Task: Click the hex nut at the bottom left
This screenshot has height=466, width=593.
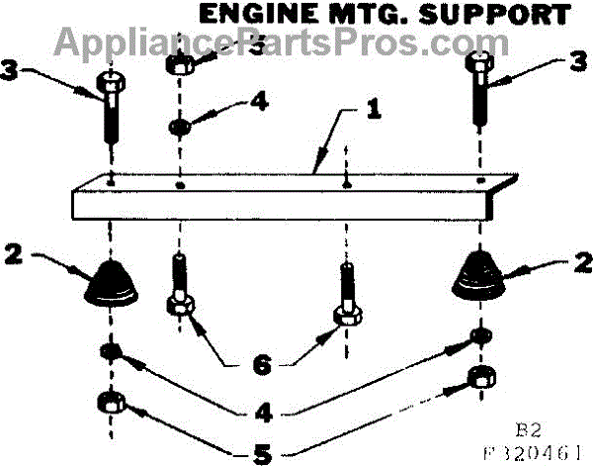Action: pyautogui.click(x=109, y=404)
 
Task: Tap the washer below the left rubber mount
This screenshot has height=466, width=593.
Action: pyautogui.click(x=110, y=353)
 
